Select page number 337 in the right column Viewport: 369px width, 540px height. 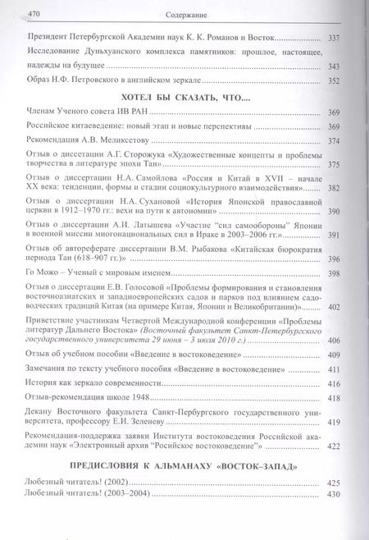pyautogui.click(x=333, y=38)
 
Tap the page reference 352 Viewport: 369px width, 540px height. pyautogui.click(x=333, y=80)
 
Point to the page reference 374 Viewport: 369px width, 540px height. pyautogui.click(x=334, y=140)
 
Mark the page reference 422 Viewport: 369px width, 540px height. pyautogui.click(x=334, y=447)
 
